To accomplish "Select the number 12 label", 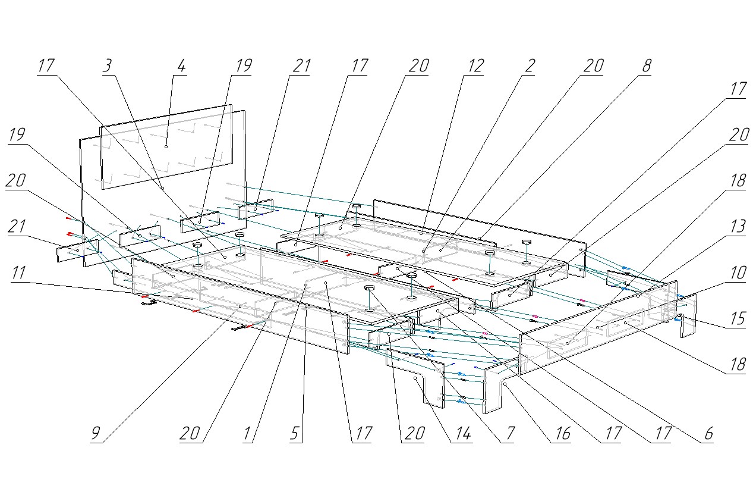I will [x=475, y=66].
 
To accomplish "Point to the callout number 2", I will [x=528, y=66].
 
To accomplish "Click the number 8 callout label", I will [x=645, y=66].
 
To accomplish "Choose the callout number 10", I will [x=737, y=273].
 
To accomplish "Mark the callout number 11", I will [x=18, y=273].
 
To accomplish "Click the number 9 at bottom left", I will [x=96, y=434].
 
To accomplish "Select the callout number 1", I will [x=247, y=434].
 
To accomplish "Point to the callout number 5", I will [x=295, y=434].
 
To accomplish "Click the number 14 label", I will [x=462, y=434].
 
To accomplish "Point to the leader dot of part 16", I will [x=504, y=385].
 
